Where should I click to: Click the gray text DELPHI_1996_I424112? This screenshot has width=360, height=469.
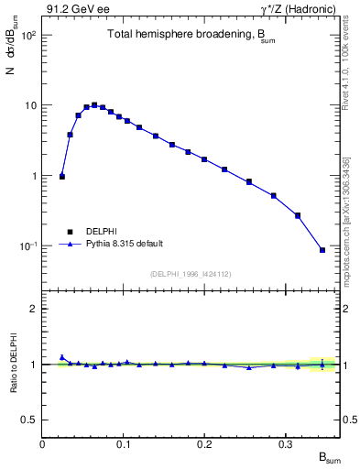tap(191, 273)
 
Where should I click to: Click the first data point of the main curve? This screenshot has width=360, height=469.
tap(62, 176)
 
